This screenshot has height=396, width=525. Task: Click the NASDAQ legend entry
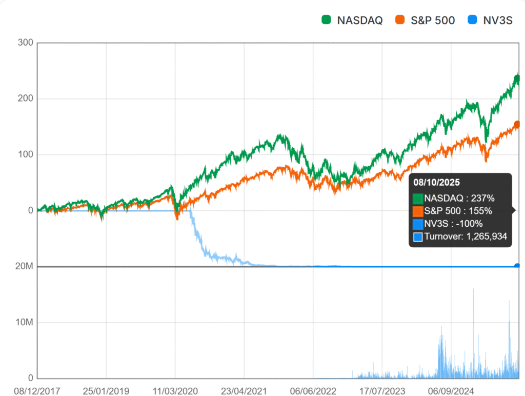(x=352, y=21)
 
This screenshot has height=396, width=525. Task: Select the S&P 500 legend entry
(x=425, y=21)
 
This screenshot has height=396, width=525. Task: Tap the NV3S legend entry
(x=490, y=21)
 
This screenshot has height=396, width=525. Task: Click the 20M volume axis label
(x=24, y=266)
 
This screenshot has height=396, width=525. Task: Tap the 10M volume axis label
(x=24, y=322)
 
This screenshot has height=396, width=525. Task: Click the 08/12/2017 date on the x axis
(x=37, y=391)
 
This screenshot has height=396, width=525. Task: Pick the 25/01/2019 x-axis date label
(x=106, y=391)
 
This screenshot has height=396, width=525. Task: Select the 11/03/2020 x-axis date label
(x=175, y=391)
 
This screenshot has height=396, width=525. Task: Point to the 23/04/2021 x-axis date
(x=245, y=391)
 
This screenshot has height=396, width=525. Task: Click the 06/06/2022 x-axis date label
(x=313, y=391)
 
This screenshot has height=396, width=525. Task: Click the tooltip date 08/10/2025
(x=436, y=182)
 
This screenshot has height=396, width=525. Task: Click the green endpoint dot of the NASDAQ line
(x=517, y=78)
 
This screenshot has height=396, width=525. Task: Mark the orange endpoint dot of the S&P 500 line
(x=517, y=124)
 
